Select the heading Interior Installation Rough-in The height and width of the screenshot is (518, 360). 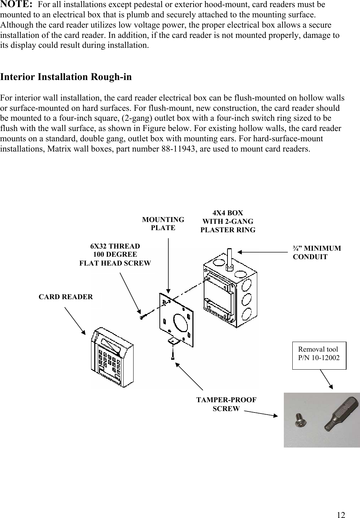tap(66, 77)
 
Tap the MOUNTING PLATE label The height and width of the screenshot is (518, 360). tap(163, 224)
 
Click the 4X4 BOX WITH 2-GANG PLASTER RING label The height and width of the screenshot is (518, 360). tap(228, 221)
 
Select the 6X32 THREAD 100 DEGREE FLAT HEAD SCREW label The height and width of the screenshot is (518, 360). tap(115, 255)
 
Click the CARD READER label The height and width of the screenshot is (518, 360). tap(66, 297)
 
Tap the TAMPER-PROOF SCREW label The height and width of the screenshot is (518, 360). tap(226, 404)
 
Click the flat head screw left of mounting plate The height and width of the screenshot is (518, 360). tap(142, 317)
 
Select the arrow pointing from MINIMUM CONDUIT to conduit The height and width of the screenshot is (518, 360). tap(262, 252)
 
